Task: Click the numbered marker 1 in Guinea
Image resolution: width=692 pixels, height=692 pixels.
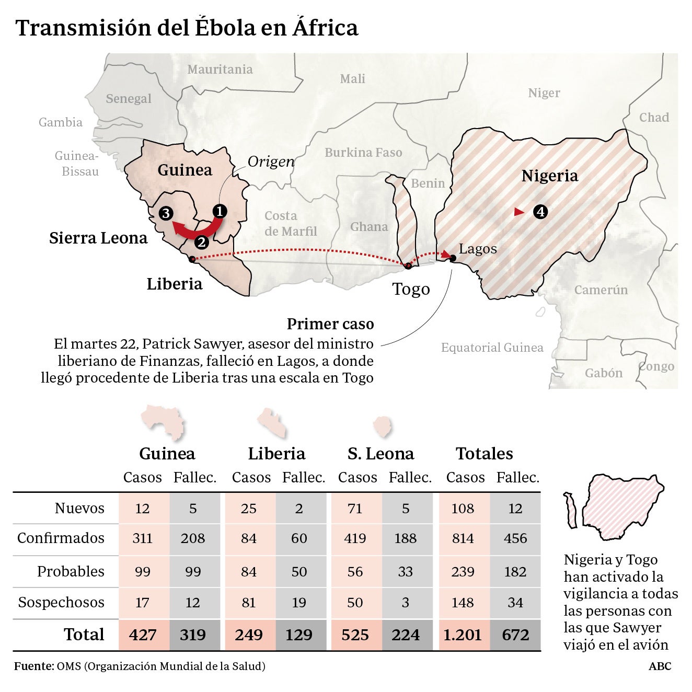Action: point(220,211)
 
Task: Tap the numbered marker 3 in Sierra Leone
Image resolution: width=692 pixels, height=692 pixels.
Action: point(166,213)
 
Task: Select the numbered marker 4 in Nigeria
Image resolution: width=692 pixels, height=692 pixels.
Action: point(540,212)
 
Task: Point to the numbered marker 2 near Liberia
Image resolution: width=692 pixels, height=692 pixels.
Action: point(201,243)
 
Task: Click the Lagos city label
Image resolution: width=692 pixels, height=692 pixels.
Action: point(478,249)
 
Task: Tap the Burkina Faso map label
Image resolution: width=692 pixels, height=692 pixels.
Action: point(363,153)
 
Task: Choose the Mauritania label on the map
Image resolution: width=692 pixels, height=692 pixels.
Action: point(220,70)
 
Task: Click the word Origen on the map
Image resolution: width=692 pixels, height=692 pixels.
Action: point(271,162)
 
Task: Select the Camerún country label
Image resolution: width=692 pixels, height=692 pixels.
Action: point(601,290)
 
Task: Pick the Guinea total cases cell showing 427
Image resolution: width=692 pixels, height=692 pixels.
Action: point(143,635)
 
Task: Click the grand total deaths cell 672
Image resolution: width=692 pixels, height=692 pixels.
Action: point(515,635)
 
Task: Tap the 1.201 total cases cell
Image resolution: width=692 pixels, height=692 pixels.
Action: point(463,635)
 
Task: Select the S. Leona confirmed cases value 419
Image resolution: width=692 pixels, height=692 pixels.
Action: point(355,538)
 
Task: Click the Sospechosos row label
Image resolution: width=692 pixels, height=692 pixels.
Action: point(61,602)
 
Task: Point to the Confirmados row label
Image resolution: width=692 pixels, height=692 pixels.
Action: point(61,538)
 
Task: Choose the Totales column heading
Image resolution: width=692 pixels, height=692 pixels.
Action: point(484,453)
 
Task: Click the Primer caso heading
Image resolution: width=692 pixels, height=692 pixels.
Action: point(330,324)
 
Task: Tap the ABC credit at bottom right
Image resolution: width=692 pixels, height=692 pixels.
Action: point(660,666)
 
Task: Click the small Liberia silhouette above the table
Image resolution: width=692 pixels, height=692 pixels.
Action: point(272,423)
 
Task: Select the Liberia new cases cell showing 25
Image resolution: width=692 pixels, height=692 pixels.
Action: point(249,509)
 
